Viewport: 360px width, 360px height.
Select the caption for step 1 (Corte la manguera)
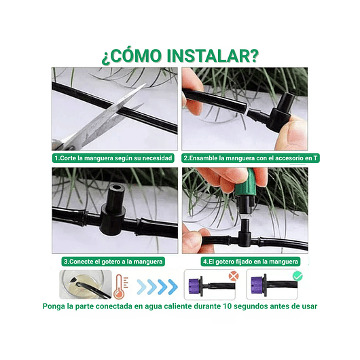click(x=115, y=158)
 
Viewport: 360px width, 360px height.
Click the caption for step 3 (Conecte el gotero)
click(x=113, y=261)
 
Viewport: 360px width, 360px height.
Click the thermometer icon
click(x=120, y=285)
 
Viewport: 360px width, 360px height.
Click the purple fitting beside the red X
click(x=192, y=285)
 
